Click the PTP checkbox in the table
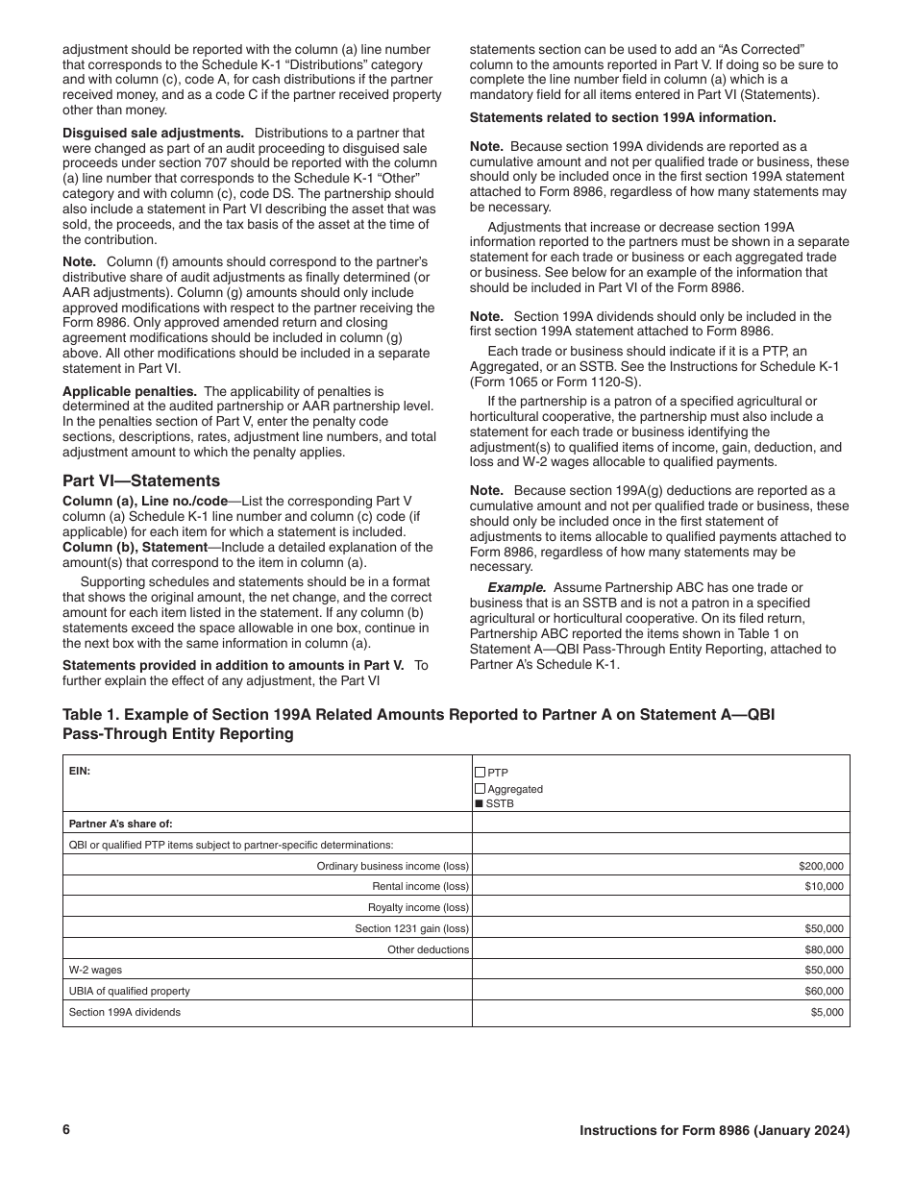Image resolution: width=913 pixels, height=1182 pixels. (x=480, y=772)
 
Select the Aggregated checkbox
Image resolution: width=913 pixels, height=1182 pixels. (x=480, y=788)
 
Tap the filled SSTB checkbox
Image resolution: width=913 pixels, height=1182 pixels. (x=480, y=804)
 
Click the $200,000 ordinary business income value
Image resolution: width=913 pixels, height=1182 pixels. (x=821, y=866)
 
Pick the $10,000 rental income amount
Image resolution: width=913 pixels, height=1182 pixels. (x=824, y=886)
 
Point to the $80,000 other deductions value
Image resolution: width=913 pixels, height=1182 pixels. (x=824, y=949)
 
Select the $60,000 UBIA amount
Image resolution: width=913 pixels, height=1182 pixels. (x=824, y=991)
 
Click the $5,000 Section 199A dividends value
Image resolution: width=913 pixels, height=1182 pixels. (x=827, y=1012)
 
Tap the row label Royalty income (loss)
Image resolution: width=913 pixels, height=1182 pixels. (x=418, y=907)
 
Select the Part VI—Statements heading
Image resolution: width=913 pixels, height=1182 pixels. (x=140, y=480)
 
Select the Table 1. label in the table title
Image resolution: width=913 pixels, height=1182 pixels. (x=91, y=715)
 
